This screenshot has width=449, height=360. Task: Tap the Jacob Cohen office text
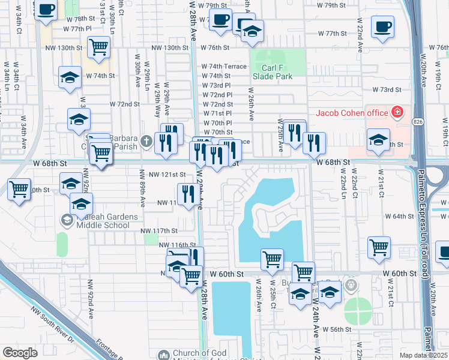[352, 113]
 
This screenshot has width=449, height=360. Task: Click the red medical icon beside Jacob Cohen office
[397, 112]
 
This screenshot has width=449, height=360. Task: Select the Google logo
[20, 352]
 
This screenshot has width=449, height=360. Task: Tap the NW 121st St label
[167, 175]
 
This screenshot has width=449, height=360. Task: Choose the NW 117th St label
[159, 230]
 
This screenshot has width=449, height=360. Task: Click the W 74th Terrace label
[224, 67]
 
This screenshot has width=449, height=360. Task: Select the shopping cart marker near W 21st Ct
[379, 246]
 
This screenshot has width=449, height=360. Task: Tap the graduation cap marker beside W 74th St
[70, 77]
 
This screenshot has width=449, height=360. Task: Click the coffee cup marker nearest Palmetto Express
[382, 26]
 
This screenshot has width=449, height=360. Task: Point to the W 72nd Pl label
[217, 95]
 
